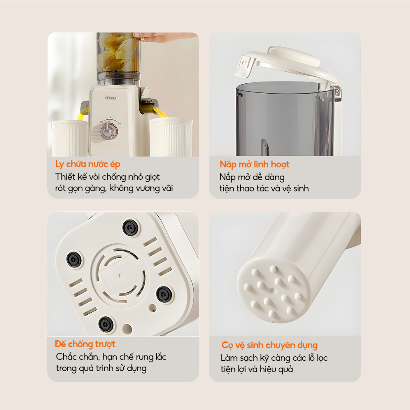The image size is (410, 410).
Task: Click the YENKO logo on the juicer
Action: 111,98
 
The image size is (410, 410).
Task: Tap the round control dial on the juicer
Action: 107,130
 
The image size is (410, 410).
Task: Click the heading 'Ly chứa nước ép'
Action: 88,165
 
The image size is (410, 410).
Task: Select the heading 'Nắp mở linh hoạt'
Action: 254,165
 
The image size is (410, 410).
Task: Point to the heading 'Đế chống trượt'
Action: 85,344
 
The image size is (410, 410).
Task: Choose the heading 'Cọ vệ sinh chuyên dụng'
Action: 269,346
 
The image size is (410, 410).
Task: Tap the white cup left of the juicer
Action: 70,138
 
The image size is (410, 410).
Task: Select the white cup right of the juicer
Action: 171,137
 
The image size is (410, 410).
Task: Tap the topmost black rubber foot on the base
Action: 131,227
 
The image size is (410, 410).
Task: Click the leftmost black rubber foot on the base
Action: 74,259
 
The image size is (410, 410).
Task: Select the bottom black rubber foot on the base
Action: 106,324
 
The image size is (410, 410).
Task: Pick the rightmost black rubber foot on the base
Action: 164,294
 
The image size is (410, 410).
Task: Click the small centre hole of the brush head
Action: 273,290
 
